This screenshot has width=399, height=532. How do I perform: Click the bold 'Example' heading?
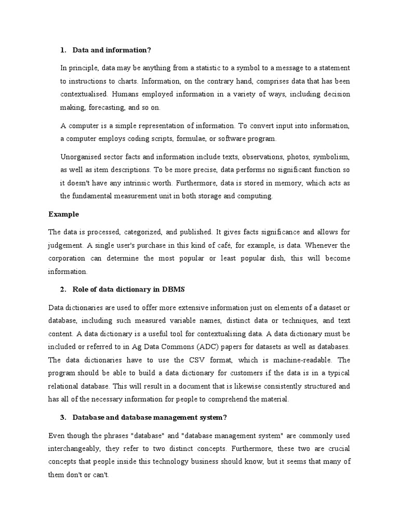63,214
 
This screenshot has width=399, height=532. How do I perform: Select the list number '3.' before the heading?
63,417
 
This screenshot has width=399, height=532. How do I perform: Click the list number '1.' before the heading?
63,50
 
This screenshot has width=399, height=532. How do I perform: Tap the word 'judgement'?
66,245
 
